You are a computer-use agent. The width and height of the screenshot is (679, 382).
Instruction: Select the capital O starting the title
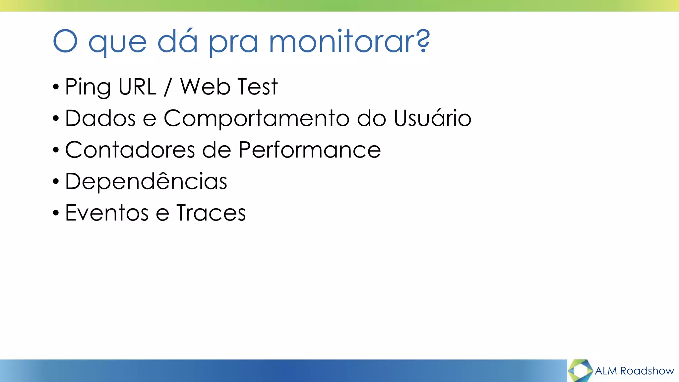pyautogui.click(x=65, y=41)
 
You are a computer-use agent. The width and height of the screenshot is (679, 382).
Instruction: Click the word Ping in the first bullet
pyautogui.click(x=88, y=87)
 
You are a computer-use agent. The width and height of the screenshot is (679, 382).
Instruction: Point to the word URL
pyautogui.click(x=137, y=87)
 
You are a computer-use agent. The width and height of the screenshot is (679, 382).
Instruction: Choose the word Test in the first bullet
pyautogui.click(x=257, y=87)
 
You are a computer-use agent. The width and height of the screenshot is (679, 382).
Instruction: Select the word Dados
pyautogui.click(x=100, y=118)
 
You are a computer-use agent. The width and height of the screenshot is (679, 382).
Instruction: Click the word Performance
pyautogui.click(x=310, y=150)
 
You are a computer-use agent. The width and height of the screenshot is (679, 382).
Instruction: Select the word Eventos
pyautogui.click(x=107, y=213)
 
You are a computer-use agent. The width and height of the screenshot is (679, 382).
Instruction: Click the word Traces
pyautogui.click(x=211, y=213)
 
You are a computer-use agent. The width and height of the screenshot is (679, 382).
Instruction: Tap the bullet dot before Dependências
pyautogui.click(x=56, y=182)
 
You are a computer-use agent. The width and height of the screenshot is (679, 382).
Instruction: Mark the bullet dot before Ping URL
pyautogui.click(x=56, y=87)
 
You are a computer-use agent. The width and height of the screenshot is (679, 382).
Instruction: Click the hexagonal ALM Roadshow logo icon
pyautogui.click(x=580, y=370)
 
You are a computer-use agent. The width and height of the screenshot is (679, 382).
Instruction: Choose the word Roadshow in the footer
pyautogui.click(x=647, y=371)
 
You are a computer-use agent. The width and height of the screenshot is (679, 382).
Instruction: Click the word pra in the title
pyautogui.click(x=233, y=42)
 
